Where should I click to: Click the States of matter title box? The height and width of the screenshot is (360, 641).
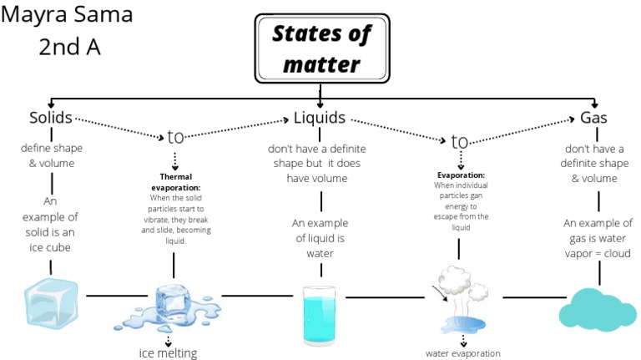pos(321,48)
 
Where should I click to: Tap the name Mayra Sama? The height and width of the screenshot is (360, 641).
pos(68,15)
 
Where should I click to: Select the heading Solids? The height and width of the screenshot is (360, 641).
pos(50,118)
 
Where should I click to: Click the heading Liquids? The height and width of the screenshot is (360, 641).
pos(320,118)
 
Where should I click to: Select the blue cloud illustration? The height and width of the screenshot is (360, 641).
pos(596,307)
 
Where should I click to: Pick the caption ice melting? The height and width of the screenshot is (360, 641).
pos(168,352)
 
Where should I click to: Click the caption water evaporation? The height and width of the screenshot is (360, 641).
pos(463,353)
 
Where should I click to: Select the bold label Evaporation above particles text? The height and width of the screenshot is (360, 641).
pos(461,175)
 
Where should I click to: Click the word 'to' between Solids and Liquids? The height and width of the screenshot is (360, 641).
pos(175,136)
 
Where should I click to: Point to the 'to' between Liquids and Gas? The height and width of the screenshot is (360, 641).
pos(460,141)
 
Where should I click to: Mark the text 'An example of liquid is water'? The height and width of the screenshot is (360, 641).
pos(320,238)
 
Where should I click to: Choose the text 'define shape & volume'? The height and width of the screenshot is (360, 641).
pos(52,155)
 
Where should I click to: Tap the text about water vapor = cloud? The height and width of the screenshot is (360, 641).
pos(598,238)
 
